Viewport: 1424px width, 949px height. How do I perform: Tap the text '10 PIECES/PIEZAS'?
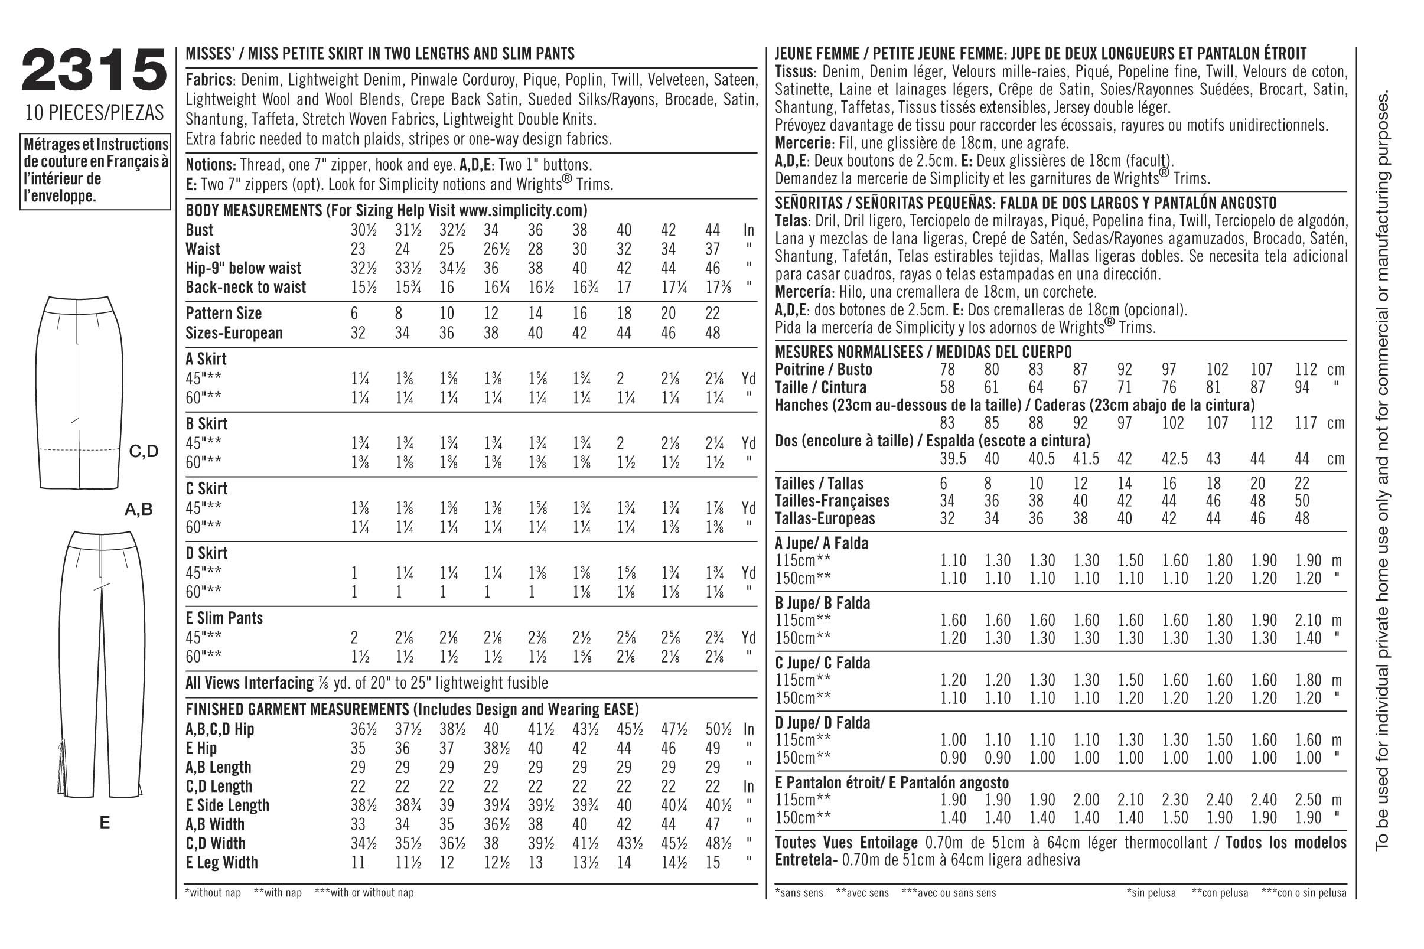95,113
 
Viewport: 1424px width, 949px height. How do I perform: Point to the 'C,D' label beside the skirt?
144,451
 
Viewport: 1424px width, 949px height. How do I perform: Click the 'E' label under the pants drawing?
105,823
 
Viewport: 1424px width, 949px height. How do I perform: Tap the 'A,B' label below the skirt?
139,510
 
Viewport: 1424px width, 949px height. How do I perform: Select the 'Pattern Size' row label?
223,313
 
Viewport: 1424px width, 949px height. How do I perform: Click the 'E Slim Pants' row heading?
224,618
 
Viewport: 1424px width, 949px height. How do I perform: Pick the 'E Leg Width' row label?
221,862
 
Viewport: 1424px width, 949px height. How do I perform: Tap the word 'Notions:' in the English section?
211,165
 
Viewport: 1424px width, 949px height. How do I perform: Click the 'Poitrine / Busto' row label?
823,369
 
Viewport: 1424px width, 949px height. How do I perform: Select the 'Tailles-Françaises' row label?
832,501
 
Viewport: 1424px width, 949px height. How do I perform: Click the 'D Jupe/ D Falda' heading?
822,723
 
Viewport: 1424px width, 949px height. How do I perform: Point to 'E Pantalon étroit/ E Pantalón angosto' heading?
891,782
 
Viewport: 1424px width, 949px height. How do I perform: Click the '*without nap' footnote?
213,893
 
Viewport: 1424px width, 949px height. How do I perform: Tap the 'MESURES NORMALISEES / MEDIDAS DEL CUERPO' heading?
923,351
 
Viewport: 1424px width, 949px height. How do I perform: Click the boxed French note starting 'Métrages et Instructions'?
95,171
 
